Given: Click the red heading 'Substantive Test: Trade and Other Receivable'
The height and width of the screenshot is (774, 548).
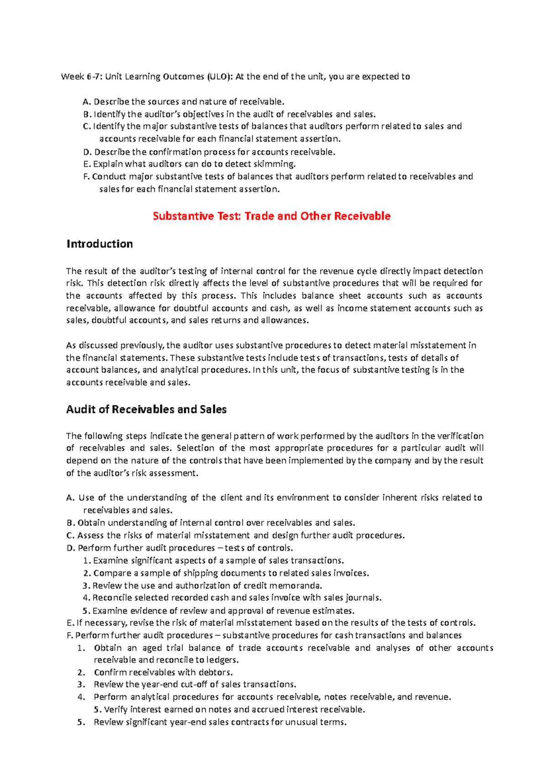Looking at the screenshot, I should click(x=272, y=216).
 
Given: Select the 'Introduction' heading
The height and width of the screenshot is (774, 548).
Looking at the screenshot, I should click(x=100, y=244).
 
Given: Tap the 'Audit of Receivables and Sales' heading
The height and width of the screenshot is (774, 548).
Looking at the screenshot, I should click(x=146, y=409).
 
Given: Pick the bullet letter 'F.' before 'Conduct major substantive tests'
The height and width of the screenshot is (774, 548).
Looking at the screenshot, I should click(x=87, y=177).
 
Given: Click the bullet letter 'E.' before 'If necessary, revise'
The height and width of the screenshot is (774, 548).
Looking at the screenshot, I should click(x=70, y=623).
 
